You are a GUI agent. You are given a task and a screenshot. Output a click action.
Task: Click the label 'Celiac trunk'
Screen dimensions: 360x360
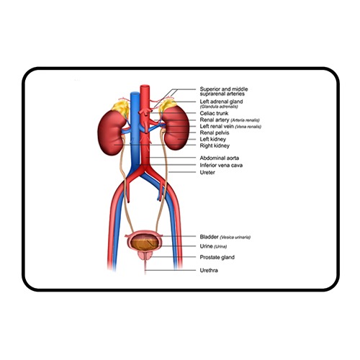pos(214,113)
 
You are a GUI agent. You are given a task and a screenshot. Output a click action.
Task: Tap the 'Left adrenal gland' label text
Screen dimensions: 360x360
pos(221,102)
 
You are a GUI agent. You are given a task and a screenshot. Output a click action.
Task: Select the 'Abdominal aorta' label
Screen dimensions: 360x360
pos(220,158)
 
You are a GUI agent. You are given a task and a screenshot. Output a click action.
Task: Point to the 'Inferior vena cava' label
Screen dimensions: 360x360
pos(221,165)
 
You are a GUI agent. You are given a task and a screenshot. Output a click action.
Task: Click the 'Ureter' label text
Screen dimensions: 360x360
pos(207,172)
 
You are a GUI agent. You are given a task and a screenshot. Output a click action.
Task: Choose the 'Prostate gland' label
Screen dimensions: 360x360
pos(217,257)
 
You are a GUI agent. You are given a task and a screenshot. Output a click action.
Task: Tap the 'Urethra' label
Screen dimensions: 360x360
pos(209,271)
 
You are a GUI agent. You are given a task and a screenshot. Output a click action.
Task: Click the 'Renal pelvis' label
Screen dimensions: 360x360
pos(215,132)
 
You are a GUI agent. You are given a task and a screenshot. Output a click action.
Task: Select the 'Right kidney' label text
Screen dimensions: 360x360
pos(215,145)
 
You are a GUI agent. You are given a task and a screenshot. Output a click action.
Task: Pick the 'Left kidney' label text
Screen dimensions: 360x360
pos(213,139)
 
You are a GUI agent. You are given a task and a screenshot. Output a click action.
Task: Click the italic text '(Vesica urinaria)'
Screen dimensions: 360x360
pos(235,238)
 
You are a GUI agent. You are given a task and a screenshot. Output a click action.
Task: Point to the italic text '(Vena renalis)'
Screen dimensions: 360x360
pos(248,127)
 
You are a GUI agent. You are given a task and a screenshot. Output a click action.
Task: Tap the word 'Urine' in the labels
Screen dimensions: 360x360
pos(206,246)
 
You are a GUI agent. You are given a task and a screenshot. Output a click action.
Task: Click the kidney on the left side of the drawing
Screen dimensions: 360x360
pos(111,132)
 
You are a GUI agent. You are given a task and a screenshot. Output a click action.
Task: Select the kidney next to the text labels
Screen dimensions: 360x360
pos(176,127)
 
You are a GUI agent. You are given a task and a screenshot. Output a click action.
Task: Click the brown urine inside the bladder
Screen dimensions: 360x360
pos(144,243)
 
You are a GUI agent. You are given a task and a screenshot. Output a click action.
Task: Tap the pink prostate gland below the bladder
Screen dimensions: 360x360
pos(145,256)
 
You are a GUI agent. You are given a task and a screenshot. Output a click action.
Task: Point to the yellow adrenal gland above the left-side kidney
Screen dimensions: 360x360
pos(120,108)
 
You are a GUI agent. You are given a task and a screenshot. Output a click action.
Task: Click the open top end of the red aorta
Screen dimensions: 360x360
pos(145,86)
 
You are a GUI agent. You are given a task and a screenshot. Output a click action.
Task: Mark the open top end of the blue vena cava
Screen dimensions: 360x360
pos(135,94)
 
